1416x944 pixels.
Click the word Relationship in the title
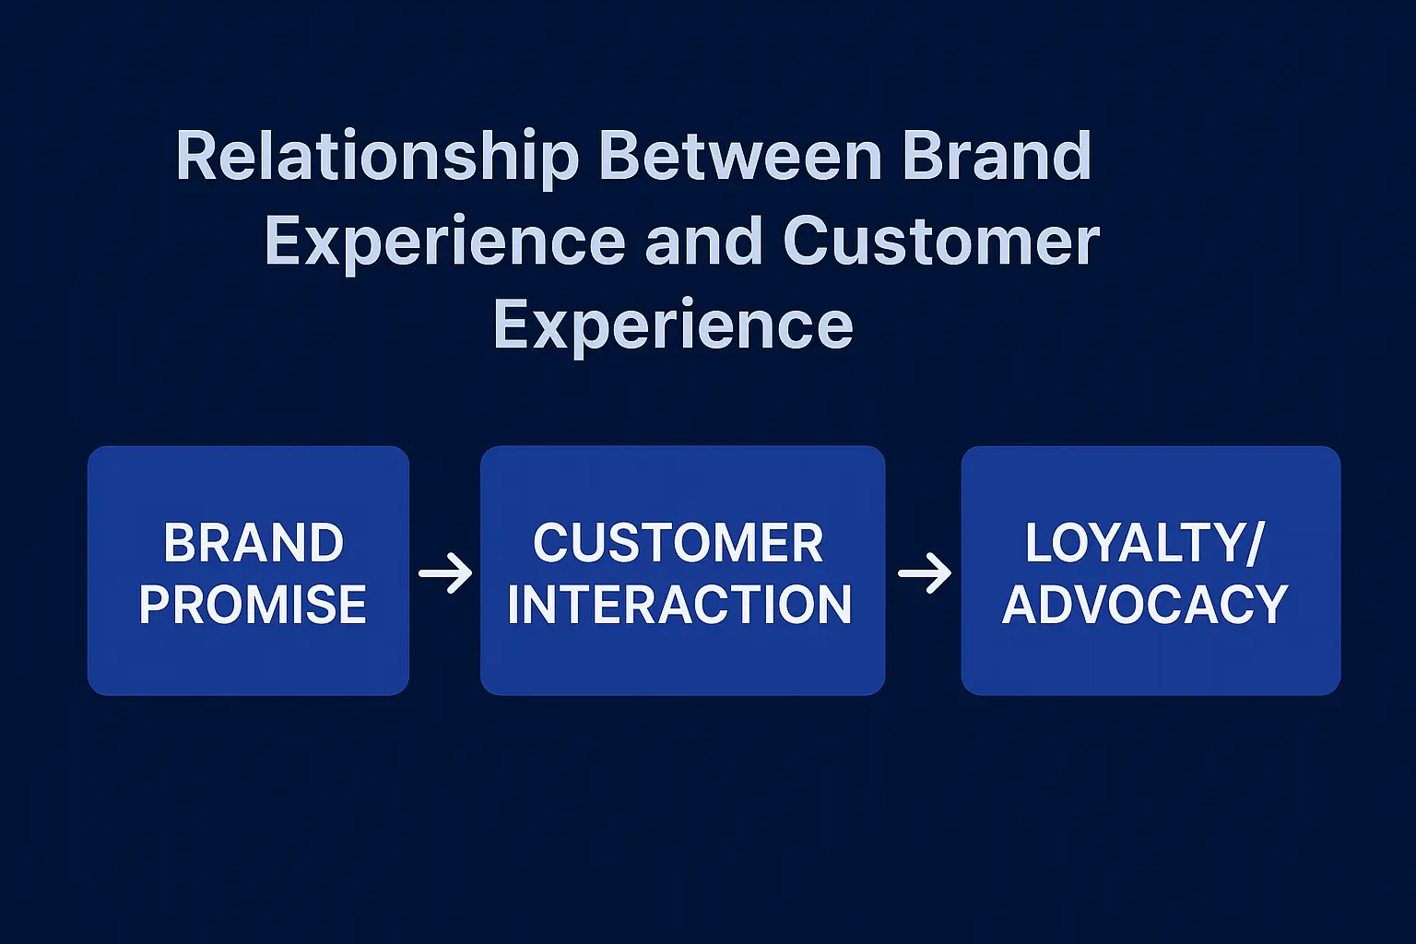(x=377, y=157)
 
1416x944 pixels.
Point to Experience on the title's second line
(x=444, y=242)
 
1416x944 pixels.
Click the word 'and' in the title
(x=703, y=242)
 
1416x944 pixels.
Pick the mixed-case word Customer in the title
(x=940, y=242)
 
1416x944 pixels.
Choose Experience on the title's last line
(x=673, y=325)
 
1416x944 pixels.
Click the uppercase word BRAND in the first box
(x=254, y=543)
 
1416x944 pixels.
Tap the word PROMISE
(x=253, y=605)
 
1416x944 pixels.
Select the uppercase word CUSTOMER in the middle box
(x=678, y=543)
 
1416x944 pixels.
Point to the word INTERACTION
(x=679, y=605)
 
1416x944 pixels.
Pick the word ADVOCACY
(x=1145, y=605)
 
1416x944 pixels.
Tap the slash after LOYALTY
(x=1254, y=544)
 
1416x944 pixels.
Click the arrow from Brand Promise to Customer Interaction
(x=445, y=573)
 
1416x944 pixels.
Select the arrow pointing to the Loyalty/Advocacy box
(x=925, y=573)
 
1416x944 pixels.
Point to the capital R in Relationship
(x=196, y=157)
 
